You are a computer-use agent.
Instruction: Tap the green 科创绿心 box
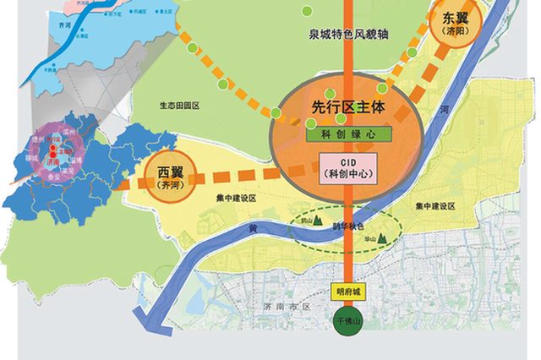click(347, 134)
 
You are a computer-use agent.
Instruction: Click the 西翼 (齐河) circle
click(169, 176)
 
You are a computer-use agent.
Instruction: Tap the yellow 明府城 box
click(347, 290)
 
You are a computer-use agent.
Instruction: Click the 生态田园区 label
click(179, 106)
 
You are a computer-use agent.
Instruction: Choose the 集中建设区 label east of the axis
click(435, 206)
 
